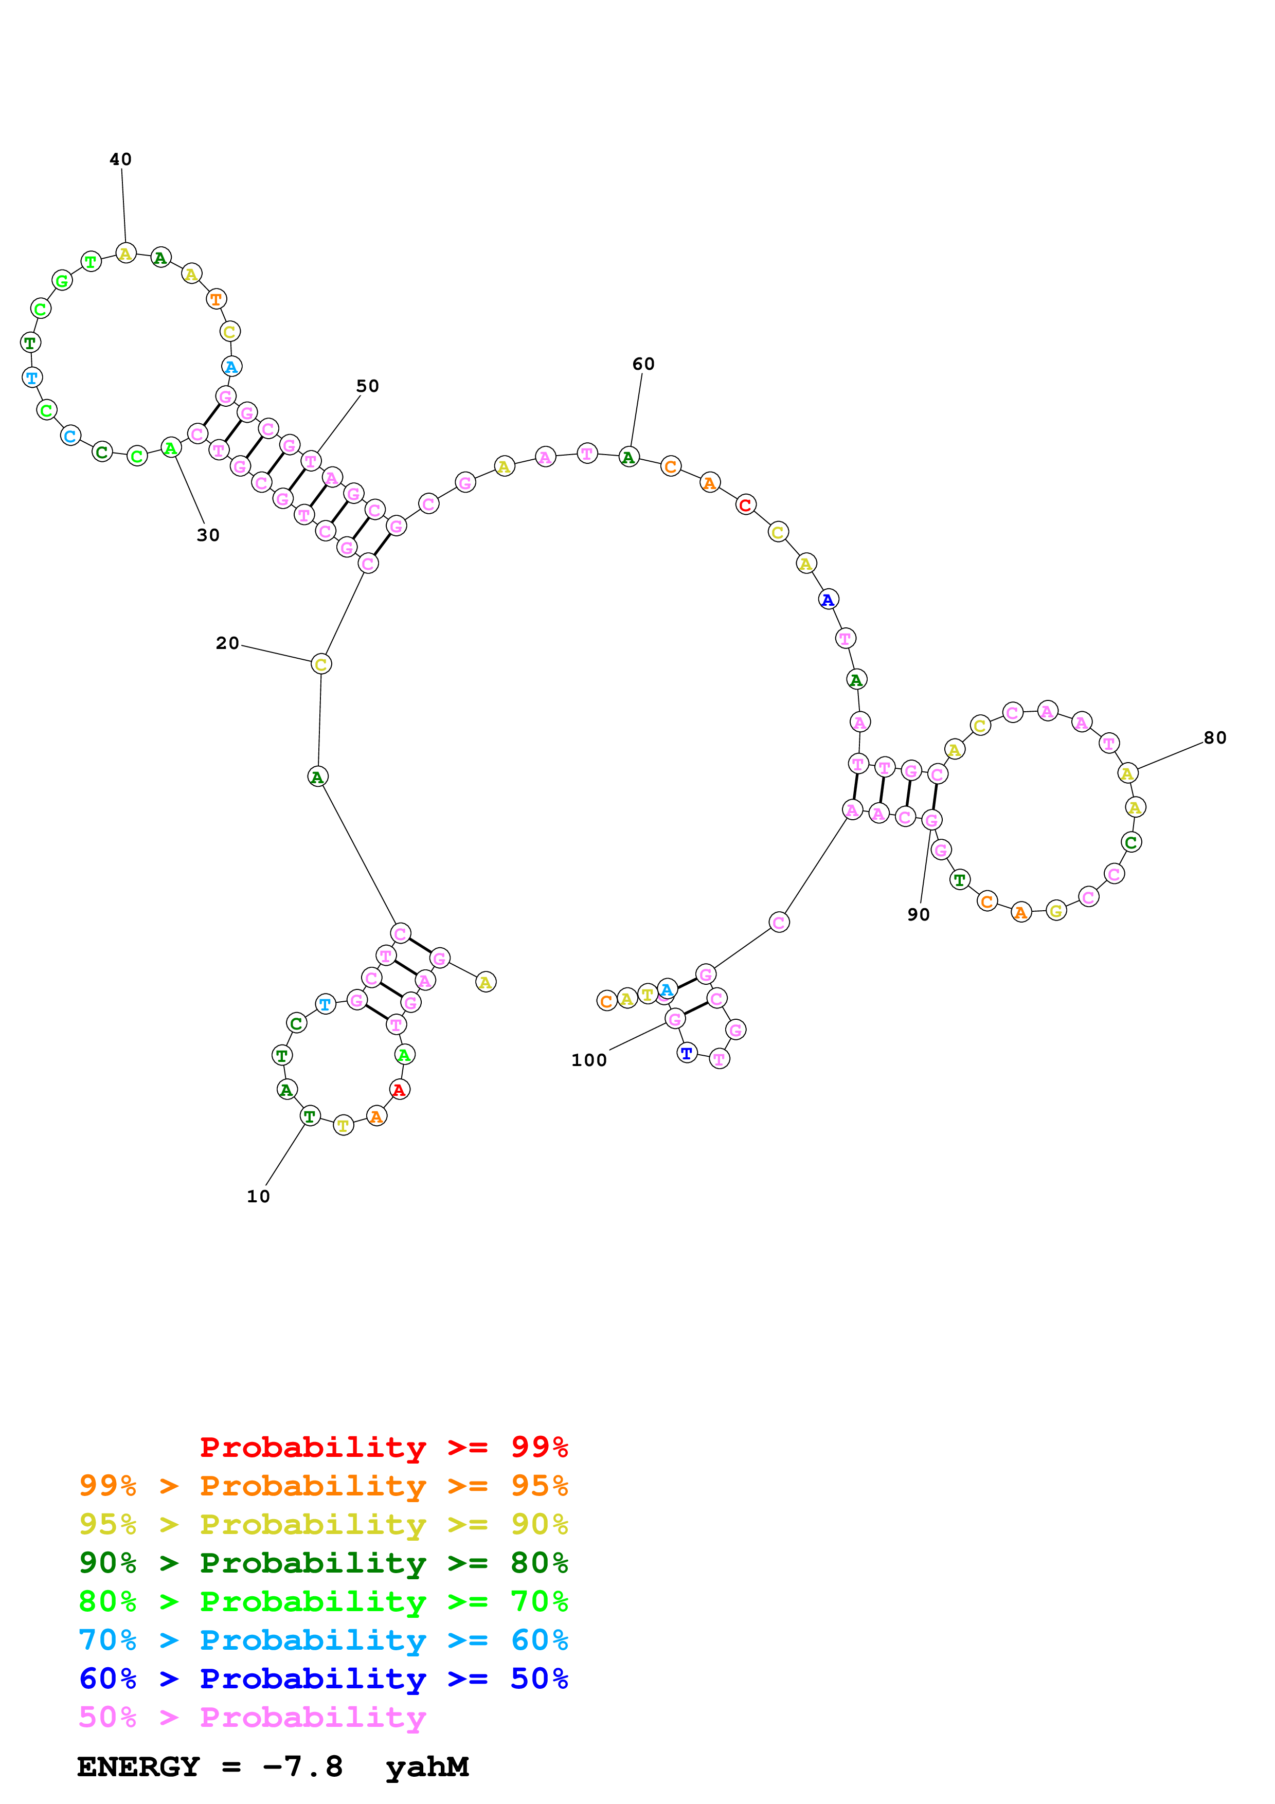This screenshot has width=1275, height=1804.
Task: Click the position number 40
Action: (120, 159)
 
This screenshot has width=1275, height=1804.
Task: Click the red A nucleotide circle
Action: (399, 1090)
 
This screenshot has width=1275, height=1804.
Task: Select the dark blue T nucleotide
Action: (687, 1053)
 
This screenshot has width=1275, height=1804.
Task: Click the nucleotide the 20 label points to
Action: (320, 664)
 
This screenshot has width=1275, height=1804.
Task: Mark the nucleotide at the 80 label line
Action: (1127, 773)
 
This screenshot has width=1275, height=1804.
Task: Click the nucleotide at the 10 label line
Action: (310, 1116)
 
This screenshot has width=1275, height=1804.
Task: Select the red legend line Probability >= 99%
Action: (384, 1447)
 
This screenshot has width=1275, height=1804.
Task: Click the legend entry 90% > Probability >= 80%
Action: (324, 1563)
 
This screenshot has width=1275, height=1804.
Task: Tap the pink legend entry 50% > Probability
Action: (252, 1718)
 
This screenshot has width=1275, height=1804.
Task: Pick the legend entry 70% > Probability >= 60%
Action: (324, 1640)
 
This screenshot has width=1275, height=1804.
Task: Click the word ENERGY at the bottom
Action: (138, 1767)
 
